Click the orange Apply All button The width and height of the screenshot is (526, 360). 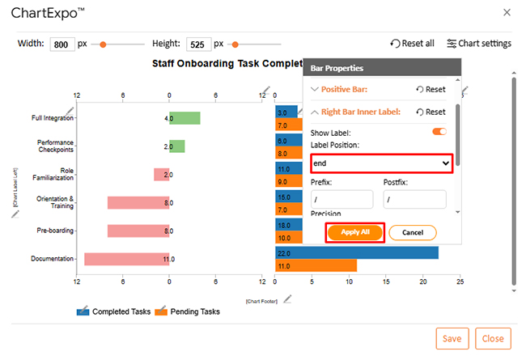[354, 232]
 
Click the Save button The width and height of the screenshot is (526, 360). [452, 338]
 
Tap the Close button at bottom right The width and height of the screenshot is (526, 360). [493, 338]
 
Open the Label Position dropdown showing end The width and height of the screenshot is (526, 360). [380, 163]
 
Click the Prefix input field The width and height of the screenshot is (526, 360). [341, 199]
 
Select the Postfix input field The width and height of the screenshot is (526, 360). [414, 199]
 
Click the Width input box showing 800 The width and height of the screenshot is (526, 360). [62, 44]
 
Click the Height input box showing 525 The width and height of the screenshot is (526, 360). [198, 44]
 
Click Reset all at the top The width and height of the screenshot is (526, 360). [412, 44]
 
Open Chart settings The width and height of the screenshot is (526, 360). [479, 44]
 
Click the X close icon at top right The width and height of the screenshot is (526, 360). [507, 12]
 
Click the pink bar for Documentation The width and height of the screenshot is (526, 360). [126, 259]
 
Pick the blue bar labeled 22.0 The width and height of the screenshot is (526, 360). [356, 253]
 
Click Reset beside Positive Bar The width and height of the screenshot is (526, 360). [431, 90]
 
